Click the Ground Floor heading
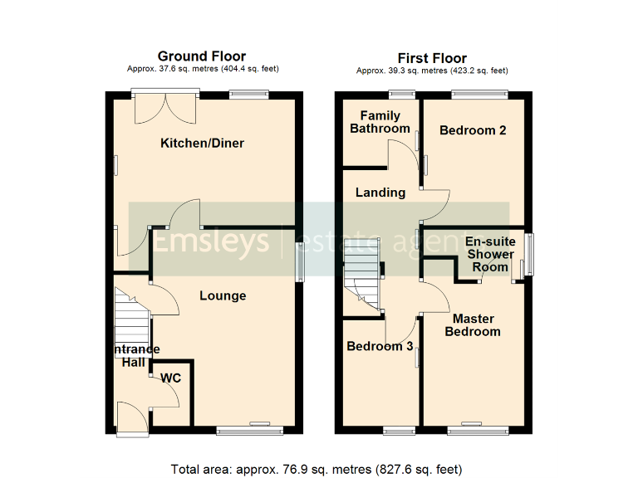(202, 56)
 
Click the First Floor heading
(432, 57)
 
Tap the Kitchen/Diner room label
(202, 144)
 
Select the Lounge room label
(223, 295)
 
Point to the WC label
(171, 378)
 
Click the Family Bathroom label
(380, 122)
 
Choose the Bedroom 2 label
(473, 130)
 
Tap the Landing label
(380, 193)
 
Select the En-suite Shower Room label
(489, 254)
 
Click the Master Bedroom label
(473, 325)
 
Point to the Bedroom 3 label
(380, 346)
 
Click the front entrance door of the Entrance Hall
(130, 419)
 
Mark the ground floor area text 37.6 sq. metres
(202, 70)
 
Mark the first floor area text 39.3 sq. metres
(432, 71)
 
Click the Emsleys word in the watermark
(209, 241)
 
